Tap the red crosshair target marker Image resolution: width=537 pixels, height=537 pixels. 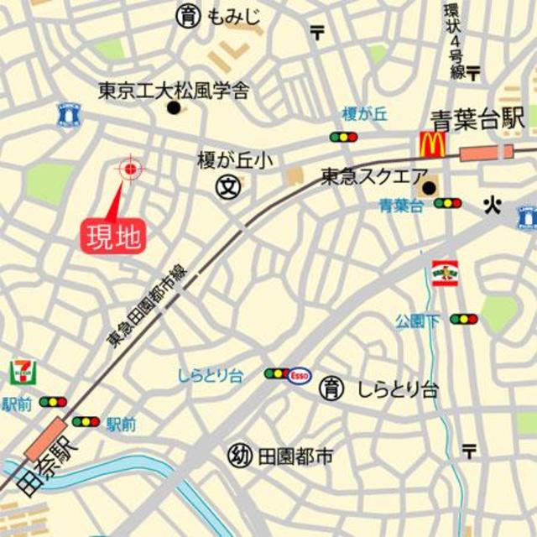(x=130, y=169)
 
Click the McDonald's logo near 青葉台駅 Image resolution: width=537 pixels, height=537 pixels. (x=431, y=144)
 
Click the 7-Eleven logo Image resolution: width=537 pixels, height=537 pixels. (x=23, y=371)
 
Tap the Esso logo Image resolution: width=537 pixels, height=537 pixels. (x=300, y=375)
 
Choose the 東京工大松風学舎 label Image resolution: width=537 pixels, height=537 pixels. (x=173, y=90)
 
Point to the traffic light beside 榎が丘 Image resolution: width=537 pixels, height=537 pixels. (x=343, y=137)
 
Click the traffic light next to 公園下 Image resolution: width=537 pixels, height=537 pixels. (x=463, y=319)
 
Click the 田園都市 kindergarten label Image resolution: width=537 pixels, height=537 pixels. (x=295, y=456)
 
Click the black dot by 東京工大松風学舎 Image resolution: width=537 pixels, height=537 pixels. (x=174, y=107)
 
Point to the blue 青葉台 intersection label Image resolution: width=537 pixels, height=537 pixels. (x=401, y=204)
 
